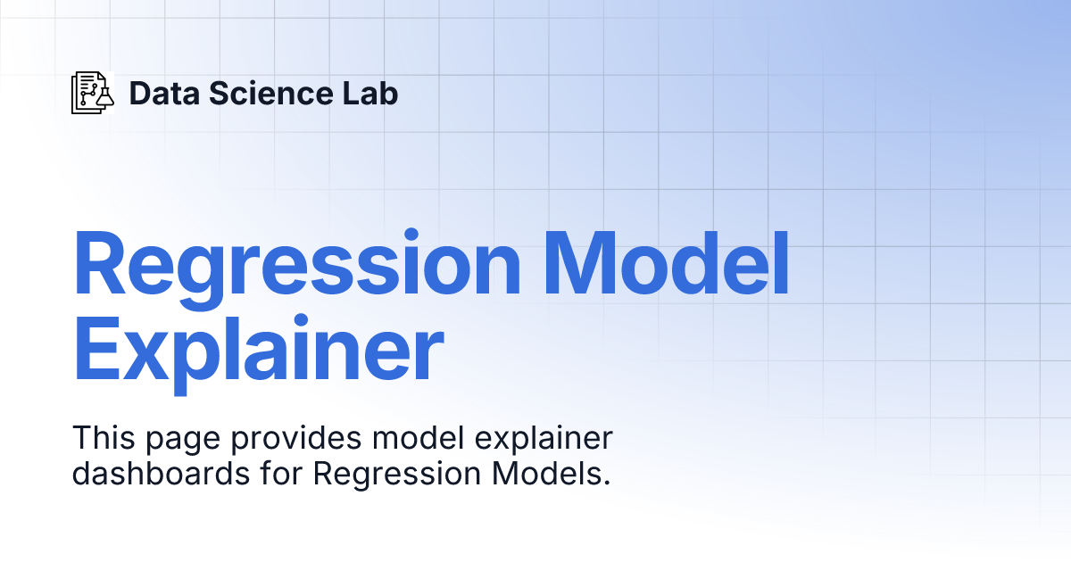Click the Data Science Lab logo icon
pos(93,93)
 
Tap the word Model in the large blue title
pos(668,265)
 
